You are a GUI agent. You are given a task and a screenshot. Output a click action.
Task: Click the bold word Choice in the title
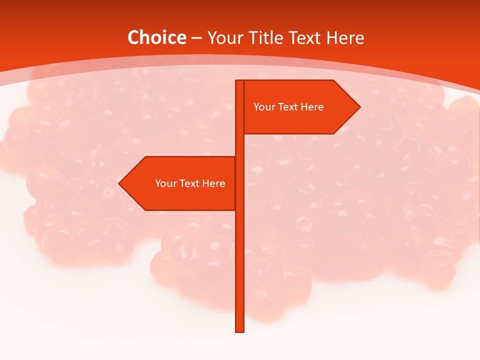pos(156,38)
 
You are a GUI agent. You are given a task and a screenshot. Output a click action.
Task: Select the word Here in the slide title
pos(345,38)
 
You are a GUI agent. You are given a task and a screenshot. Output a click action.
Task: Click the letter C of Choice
pos(133,38)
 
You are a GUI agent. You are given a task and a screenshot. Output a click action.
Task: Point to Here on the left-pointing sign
pos(213,183)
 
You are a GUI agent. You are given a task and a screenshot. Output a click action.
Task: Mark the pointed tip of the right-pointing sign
pos(359,107)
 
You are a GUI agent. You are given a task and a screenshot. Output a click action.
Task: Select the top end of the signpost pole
pos(239,81)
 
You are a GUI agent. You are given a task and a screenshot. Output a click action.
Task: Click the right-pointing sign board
pos(300,120)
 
